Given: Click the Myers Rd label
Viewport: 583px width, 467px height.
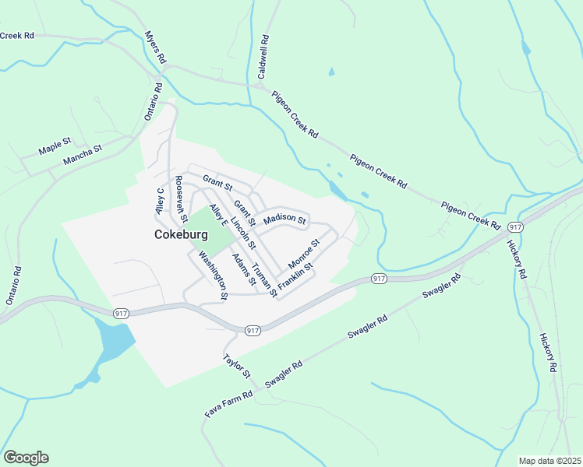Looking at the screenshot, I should pos(155,47).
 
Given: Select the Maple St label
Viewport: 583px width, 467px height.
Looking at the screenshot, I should pos(55,146).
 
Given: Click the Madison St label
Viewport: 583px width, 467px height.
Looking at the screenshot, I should pos(284,219).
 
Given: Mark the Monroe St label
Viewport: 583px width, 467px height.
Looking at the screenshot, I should pos(304,254).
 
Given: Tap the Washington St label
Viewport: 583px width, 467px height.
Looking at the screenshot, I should pos(212,275).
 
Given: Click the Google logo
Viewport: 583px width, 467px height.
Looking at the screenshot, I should pos(26,458).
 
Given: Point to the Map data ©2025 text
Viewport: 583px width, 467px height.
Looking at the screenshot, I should pos(549,461).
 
